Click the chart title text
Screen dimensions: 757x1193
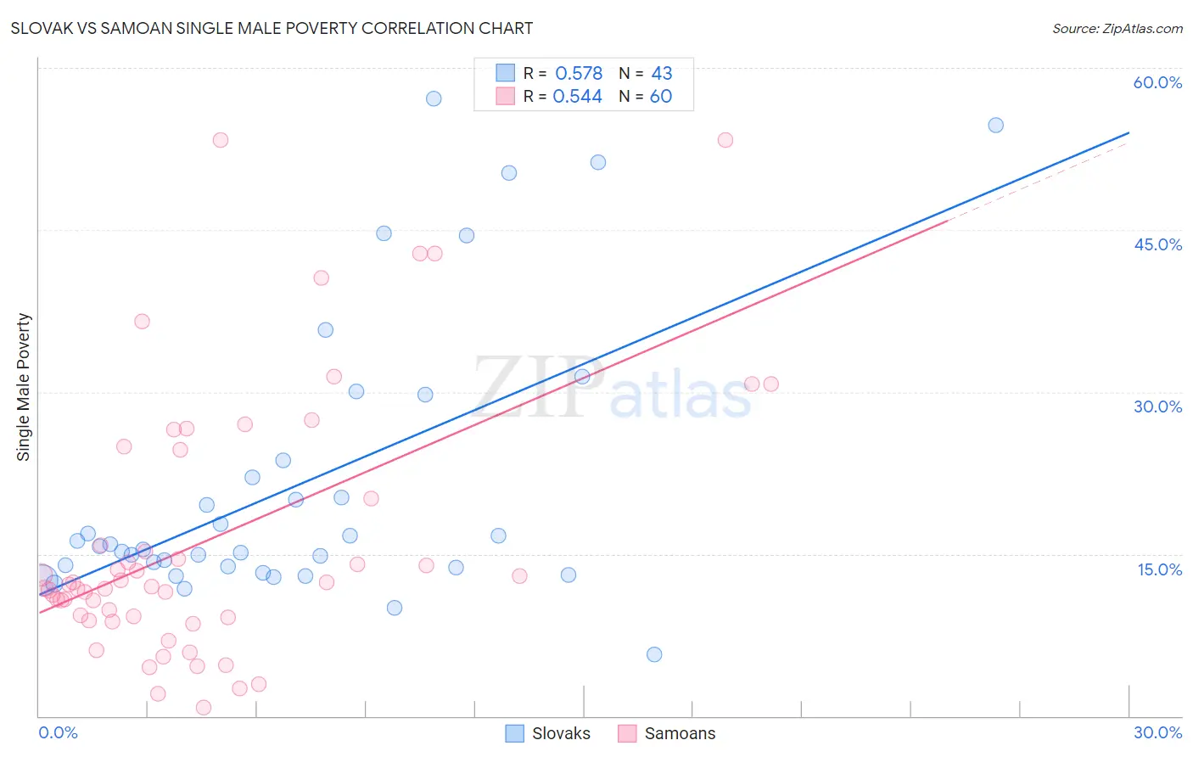click(272, 28)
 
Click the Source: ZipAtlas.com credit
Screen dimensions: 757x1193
click(1117, 29)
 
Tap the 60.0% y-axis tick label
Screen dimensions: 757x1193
click(1157, 82)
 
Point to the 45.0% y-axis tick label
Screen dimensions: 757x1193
click(1157, 244)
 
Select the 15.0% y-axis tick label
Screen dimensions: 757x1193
click(1159, 569)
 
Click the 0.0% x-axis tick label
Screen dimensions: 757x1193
click(58, 732)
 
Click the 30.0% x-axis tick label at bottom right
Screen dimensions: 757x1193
click(1157, 732)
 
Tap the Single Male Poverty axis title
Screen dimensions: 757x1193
click(24, 387)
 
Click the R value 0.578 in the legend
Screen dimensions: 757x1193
click(579, 74)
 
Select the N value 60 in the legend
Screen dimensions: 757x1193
click(661, 97)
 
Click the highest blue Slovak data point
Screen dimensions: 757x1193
click(434, 98)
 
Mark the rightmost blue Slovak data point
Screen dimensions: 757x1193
click(995, 125)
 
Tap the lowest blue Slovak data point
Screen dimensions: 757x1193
click(654, 654)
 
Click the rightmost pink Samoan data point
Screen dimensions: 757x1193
click(770, 384)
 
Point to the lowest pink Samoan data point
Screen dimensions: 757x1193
click(204, 708)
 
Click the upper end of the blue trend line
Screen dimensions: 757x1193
click(1129, 132)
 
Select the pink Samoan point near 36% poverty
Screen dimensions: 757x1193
click(142, 322)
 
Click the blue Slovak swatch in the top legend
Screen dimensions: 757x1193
click(506, 73)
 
